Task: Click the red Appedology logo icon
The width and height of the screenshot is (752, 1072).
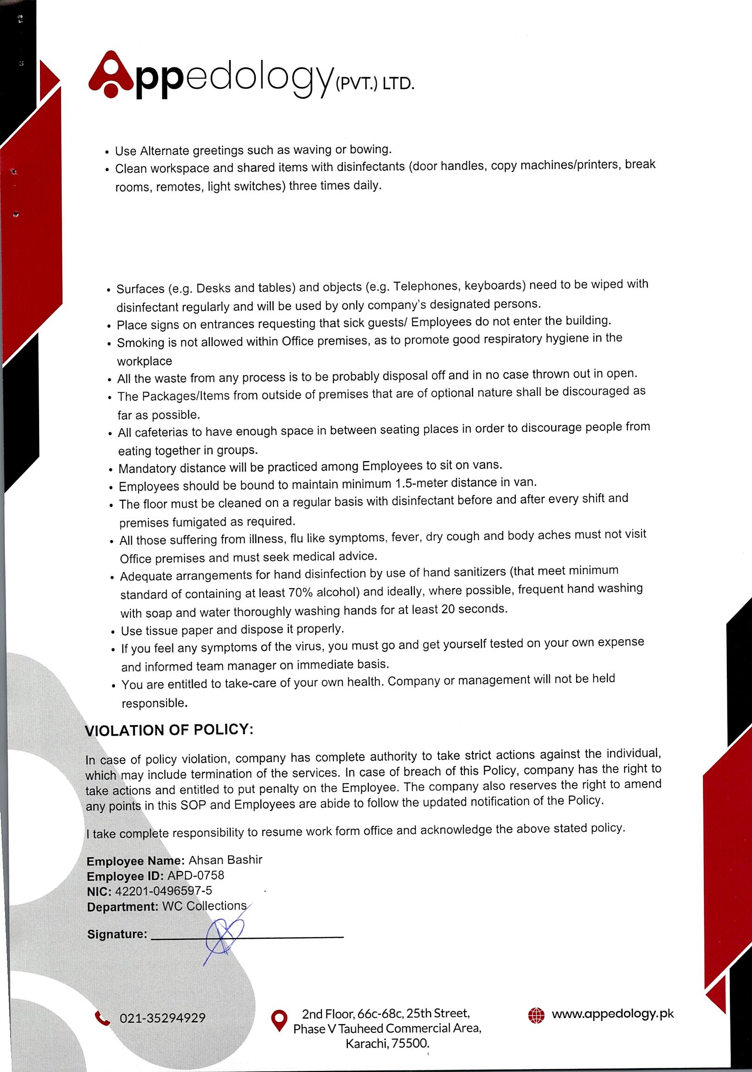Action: tap(111, 74)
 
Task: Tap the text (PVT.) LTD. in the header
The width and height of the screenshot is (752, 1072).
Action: tap(374, 85)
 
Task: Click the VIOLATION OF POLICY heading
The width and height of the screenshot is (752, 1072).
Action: tap(169, 730)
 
